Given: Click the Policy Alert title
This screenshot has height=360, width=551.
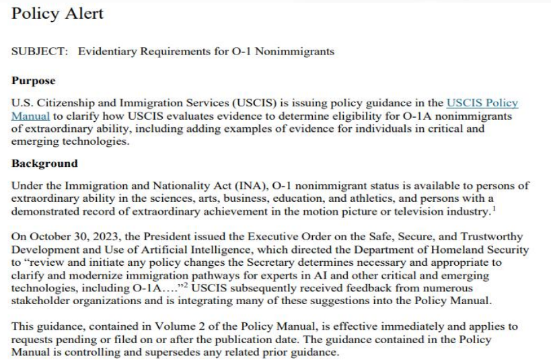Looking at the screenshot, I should [58, 13].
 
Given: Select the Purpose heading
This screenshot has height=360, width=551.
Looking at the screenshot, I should [33, 81].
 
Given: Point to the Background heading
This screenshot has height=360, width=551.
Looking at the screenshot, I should [45, 164].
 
